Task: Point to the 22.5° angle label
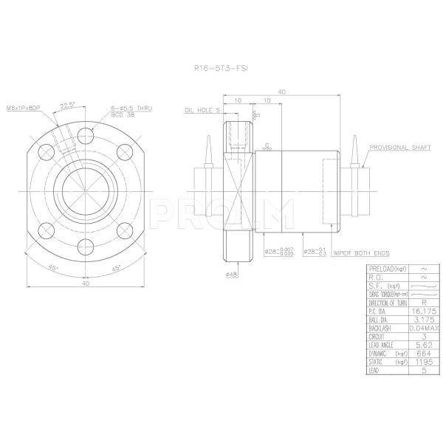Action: [69, 104]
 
